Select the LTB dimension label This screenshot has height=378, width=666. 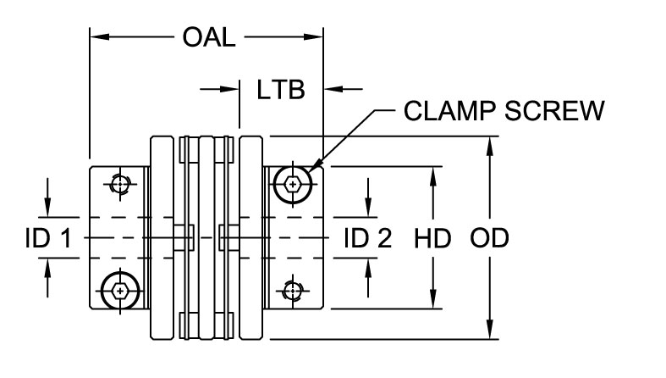click(280, 89)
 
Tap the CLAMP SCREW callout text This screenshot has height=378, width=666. click(504, 112)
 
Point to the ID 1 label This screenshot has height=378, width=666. click(47, 239)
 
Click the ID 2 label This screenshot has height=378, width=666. click(368, 239)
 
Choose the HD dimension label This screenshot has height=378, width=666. click(432, 239)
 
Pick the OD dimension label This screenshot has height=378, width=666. click(489, 239)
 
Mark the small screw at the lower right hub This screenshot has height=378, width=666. click(292, 291)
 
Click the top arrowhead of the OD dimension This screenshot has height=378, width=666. click(489, 145)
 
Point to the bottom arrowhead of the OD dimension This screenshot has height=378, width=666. click(489, 331)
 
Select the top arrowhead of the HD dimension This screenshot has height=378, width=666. click(432, 174)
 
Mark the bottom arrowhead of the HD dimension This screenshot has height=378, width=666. click(432, 303)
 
